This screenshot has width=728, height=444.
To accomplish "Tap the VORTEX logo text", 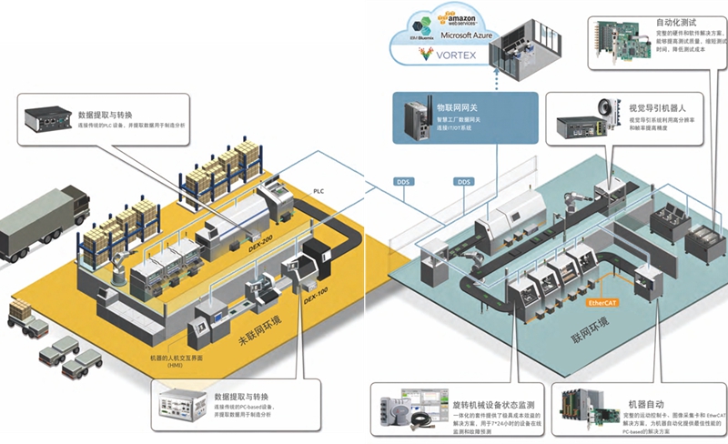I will click(x=455, y=55).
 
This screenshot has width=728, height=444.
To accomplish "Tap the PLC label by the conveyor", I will click(x=318, y=192).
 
